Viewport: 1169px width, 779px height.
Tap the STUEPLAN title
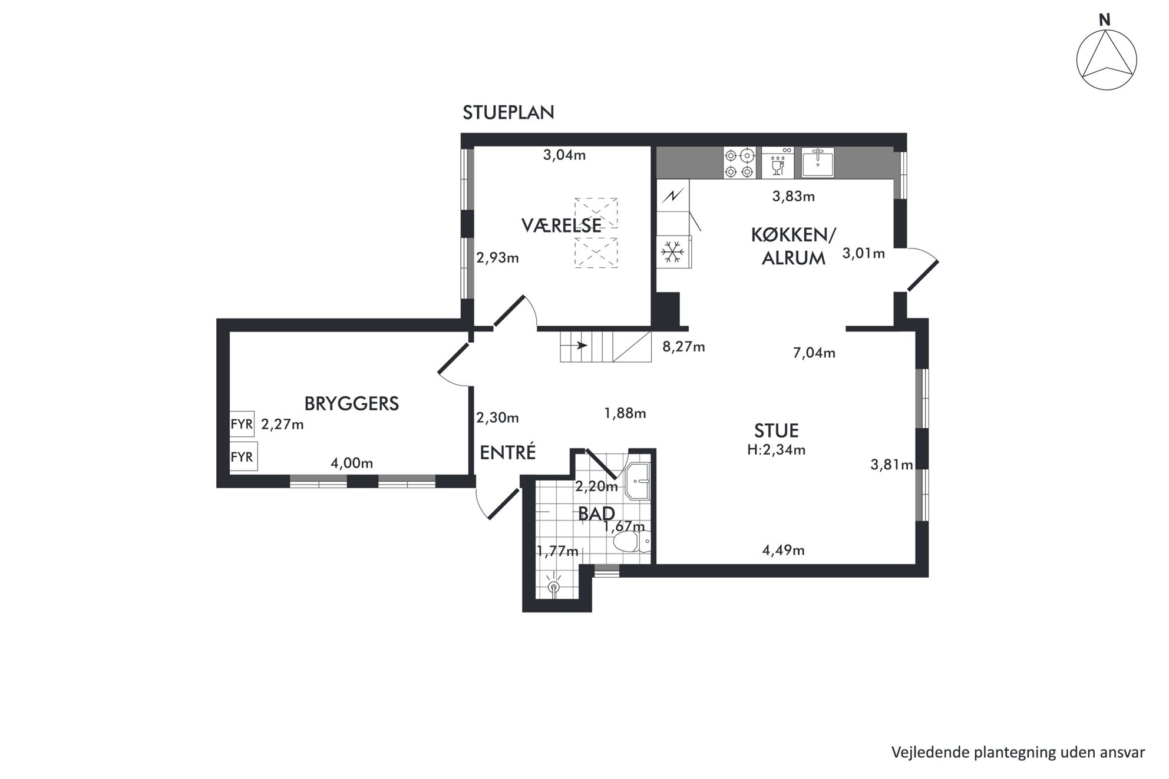click(x=508, y=112)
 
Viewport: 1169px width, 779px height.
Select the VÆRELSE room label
click(x=562, y=226)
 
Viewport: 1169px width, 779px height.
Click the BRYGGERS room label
click(x=352, y=403)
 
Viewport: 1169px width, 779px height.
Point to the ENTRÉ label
click(x=507, y=452)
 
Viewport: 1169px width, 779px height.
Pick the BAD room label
click(x=596, y=513)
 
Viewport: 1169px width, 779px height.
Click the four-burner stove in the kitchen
click(x=739, y=163)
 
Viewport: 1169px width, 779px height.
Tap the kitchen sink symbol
click(x=818, y=163)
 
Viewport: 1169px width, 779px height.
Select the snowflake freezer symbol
click(x=672, y=252)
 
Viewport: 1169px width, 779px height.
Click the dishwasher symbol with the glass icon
click(x=778, y=163)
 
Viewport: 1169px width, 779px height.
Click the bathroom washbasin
click(x=637, y=480)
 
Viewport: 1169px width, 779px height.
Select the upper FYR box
click(x=242, y=424)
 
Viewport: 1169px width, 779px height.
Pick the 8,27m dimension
click(x=683, y=347)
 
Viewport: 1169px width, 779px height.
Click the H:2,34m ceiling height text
click(x=776, y=450)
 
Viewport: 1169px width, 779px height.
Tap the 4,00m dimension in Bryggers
click(x=352, y=463)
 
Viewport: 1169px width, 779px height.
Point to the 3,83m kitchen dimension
click(x=794, y=197)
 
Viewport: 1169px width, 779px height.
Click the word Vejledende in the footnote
click(x=923, y=753)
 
